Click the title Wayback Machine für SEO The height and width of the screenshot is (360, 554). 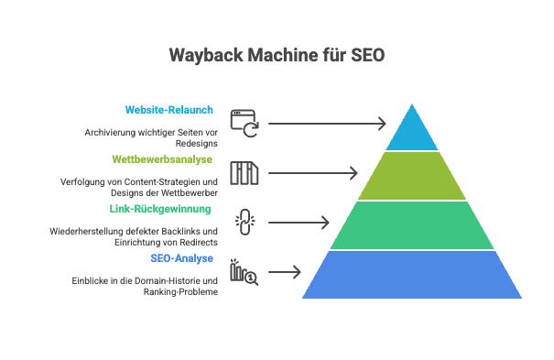click(x=277, y=56)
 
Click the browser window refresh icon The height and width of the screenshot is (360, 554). click(x=244, y=123)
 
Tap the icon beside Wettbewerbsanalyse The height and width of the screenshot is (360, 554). click(x=244, y=172)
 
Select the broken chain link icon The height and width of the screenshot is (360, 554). click(x=244, y=222)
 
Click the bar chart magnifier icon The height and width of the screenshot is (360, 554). click(x=244, y=271)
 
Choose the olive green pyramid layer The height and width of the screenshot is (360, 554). click(x=412, y=176)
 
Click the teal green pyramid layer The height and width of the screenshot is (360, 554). click(x=412, y=225)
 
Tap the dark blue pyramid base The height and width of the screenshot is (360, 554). click(x=412, y=274)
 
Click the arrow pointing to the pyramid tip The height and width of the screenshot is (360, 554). click(x=327, y=123)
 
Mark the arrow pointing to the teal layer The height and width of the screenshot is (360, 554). click(x=299, y=222)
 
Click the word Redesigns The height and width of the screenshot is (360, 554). click(x=196, y=143)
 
